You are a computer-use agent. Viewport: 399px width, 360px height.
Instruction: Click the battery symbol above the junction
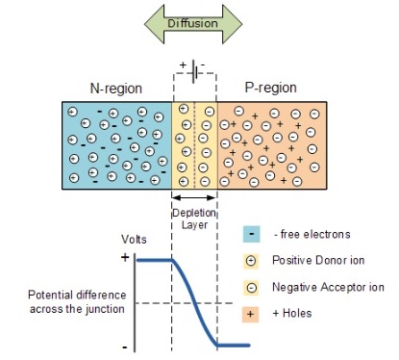coord(194,71)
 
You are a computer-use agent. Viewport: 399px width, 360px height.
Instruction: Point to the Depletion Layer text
coord(194,218)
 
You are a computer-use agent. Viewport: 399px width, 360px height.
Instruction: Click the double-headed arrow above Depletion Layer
coord(194,197)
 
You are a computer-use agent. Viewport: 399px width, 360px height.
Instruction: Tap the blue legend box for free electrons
coord(250,233)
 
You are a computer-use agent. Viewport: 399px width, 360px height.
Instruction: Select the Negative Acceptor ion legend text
coord(328,287)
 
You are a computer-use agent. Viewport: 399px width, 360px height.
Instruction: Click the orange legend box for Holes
coord(250,314)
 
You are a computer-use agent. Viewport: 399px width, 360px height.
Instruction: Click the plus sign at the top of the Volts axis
coord(123,259)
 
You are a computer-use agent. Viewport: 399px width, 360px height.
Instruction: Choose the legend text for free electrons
coord(312,233)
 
